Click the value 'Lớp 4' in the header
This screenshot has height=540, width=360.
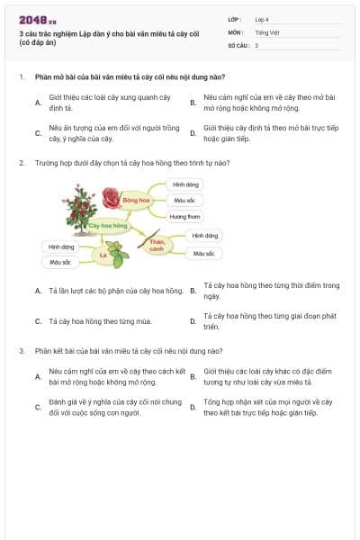point(262,19)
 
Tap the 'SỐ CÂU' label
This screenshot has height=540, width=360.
point(238,44)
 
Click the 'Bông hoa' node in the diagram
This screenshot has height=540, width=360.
point(137,199)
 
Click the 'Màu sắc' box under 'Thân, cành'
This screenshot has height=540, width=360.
point(202,254)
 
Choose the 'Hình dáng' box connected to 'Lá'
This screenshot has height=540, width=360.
point(61,246)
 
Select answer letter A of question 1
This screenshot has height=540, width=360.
point(38,103)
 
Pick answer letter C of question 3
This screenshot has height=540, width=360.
point(38,408)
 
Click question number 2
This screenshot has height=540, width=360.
point(22,163)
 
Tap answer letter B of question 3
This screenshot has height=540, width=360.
point(193,376)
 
